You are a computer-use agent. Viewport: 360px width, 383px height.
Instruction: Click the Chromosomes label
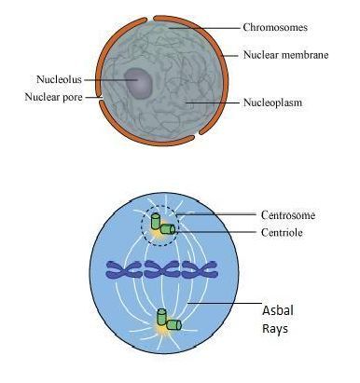(x=275, y=27)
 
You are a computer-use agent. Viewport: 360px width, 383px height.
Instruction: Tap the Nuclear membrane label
(x=285, y=55)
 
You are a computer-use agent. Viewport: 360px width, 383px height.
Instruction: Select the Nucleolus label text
(x=59, y=79)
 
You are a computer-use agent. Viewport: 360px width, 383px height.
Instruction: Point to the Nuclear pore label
(x=53, y=97)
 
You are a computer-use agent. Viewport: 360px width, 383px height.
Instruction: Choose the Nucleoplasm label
(x=272, y=103)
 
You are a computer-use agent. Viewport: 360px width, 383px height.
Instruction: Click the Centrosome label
(x=288, y=215)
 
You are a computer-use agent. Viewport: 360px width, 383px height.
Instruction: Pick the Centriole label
(x=282, y=232)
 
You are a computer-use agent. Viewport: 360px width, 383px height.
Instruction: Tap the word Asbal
(x=278, y=310)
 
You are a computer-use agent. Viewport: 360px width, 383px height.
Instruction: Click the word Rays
(x=275, y=328)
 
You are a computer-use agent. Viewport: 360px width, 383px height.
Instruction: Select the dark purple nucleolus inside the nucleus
(x=139, y=83)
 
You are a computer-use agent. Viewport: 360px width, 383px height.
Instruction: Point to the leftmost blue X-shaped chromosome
(x=123, y=269)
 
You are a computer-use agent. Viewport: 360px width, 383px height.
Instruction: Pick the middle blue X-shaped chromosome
(x=162, y=269)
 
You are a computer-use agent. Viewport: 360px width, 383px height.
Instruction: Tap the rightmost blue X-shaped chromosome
(x=200, y=269)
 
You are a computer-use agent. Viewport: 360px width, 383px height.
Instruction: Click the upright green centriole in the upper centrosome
(x=156, y=221)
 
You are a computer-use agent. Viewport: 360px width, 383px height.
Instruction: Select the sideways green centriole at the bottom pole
(x=173, y=325)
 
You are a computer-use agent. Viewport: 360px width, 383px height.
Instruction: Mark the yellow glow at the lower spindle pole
(x=161, y=331)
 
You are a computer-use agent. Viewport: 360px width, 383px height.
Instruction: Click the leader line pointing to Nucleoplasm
(x=213, y=102)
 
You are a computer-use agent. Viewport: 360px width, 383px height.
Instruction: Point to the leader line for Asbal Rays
(x=225, y=303)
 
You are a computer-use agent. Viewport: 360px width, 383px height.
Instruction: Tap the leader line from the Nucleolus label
(x=111, y=80)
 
